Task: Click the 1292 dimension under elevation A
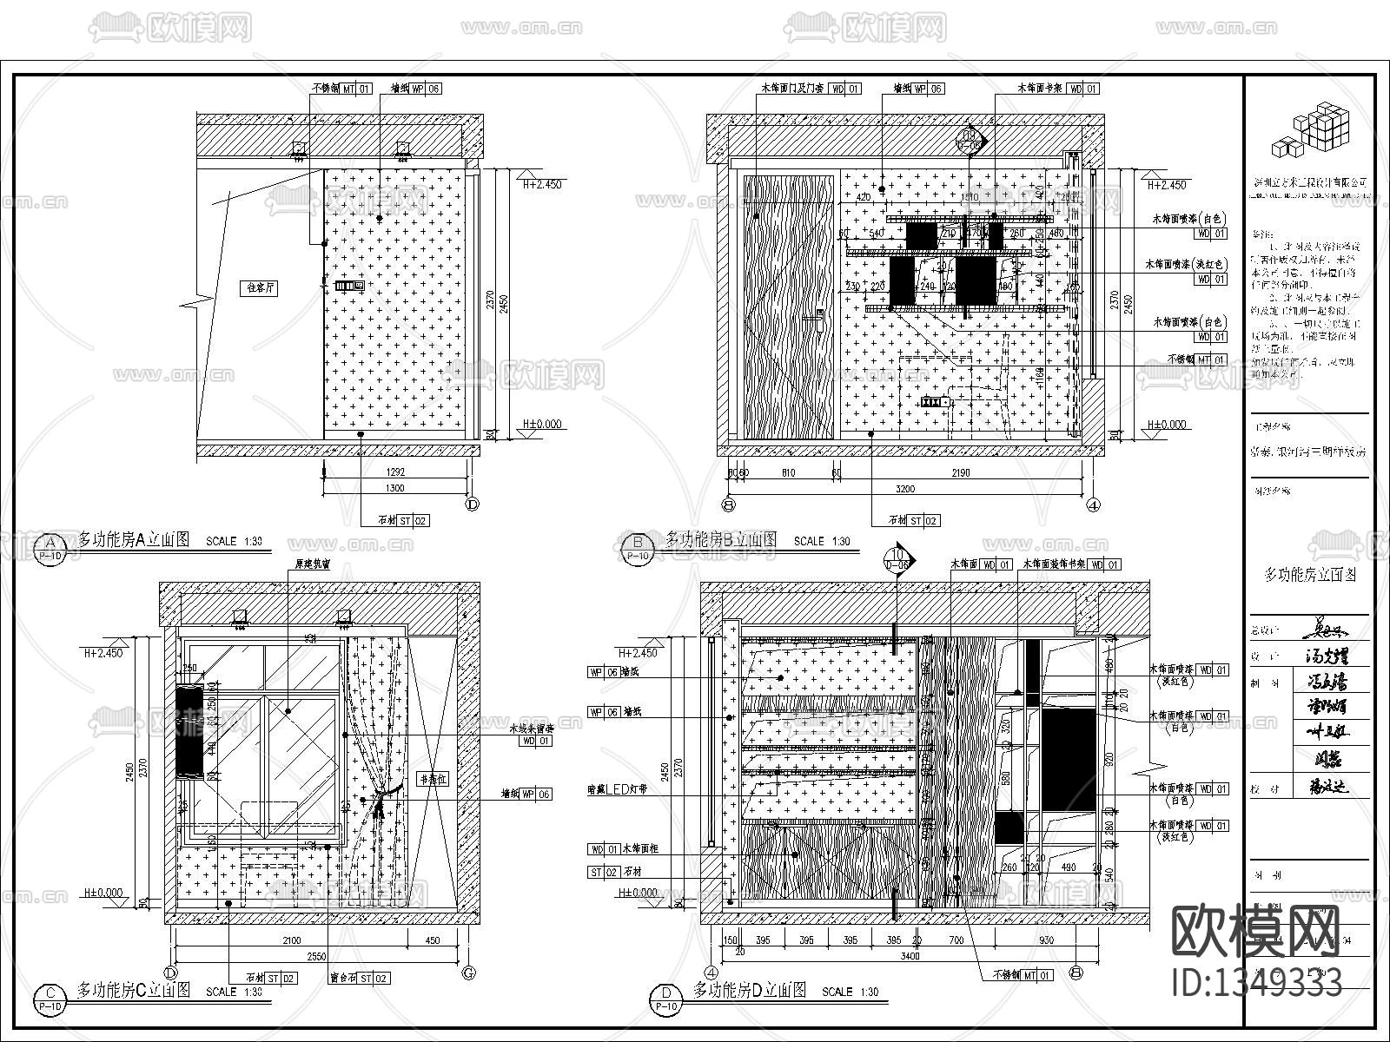(394, 472)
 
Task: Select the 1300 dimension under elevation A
(394, 488)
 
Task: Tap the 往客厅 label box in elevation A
(261, 287)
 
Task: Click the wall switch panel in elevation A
(348, 285)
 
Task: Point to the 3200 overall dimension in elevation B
(905, 488)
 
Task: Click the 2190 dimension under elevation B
(960, 472)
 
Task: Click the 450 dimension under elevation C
(431, 940)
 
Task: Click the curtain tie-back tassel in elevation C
(379, 808)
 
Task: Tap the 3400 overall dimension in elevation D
(910, 956)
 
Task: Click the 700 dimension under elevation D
(956, 940)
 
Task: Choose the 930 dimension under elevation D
(1046, 940)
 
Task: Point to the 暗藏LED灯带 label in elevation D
(617, 789)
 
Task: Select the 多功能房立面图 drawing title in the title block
(1309, 575)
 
